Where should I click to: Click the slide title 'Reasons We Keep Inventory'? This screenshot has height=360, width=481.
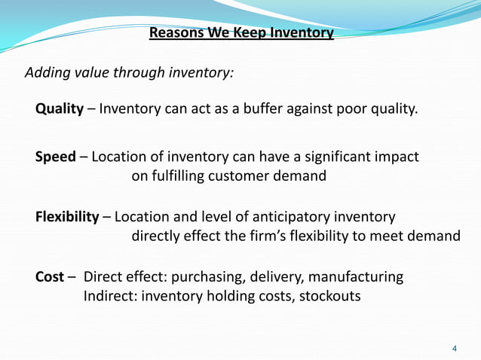coord(241,33)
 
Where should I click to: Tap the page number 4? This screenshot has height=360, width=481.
coord(454,348)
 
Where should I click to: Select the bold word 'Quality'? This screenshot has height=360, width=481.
coord(60,109)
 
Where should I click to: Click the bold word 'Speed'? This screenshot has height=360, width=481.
coord(56,157)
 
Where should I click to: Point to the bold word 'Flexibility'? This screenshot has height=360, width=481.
coord(67,217)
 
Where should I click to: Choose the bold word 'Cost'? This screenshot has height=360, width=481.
coord(50,277)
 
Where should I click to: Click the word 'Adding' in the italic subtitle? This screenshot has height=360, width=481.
coord(47,73)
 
